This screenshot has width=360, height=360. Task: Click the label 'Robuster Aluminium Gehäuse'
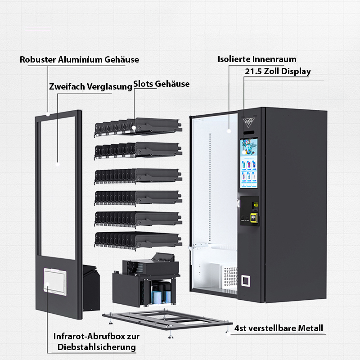pyautogui.click(x=79, y=59)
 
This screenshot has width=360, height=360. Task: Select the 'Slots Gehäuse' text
pyautogui.click(x=162, y=84)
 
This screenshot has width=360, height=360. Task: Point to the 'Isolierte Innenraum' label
pyautogui.click(x=257, y=59)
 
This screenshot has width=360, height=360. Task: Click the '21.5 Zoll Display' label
pyautogui.click(x=278, y=71)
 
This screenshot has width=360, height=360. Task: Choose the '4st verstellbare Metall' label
pyautogui.click(x=279, y=328)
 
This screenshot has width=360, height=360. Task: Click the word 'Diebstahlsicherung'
pyautogui.click(x=97, y=347)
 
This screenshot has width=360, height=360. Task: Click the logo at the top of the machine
pyautogui.click(x=249, y=121)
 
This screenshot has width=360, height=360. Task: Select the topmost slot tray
pyautogui.click(x=137, y=126)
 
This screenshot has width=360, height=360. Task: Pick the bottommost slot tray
pyautogui.click(x=137, y=239)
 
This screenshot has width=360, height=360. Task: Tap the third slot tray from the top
pyautogui.click(x=137, y=175)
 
